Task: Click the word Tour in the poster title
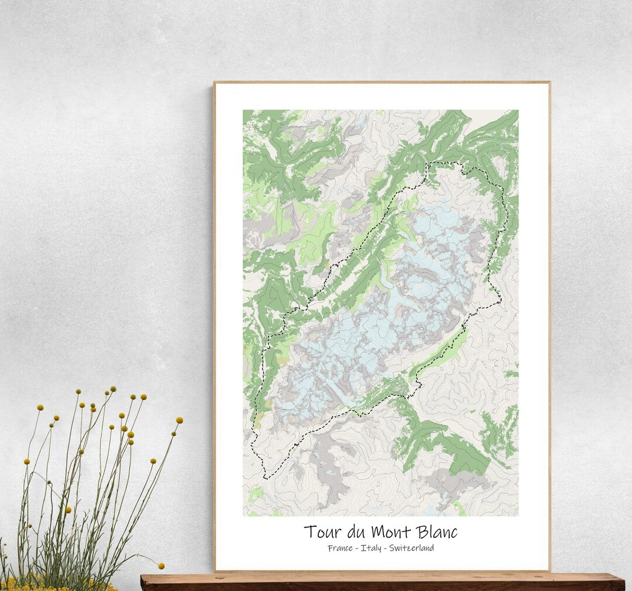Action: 321,532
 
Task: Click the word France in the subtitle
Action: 340,548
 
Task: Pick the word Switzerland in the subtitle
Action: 413,548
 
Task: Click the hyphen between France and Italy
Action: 357,549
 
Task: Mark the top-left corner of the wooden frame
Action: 214,83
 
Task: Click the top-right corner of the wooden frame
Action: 549,83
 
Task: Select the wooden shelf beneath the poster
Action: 380,582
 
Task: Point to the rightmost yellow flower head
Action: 179,420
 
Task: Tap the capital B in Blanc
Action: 423,532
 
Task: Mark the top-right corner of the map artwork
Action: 518,110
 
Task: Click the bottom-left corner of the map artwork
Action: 243,515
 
